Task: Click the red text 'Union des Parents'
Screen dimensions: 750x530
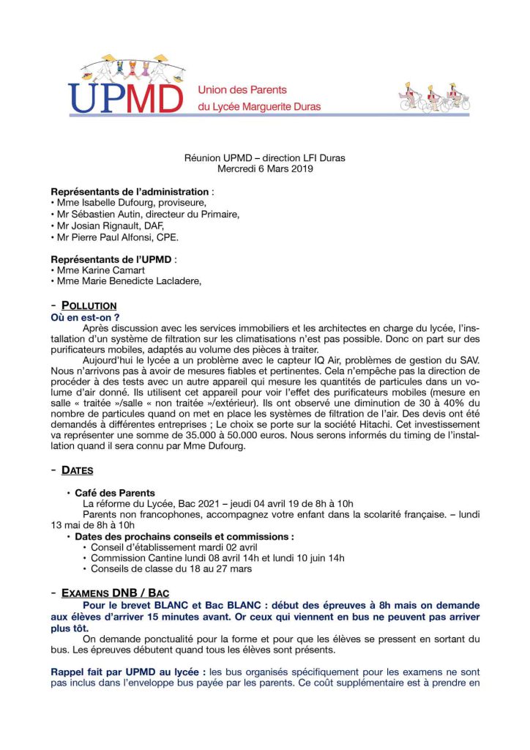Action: pyautogui.click(x=242, y=90)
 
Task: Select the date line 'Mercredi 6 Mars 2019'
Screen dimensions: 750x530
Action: pyautogui.click(x=265, y=168)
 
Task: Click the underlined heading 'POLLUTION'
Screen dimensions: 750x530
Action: pyautogui.click(x=89, y=305)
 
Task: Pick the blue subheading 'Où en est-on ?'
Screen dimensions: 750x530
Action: pyautogui.click(x=84, y=317)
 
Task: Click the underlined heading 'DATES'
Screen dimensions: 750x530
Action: pyautogui.click(x=77, y=470)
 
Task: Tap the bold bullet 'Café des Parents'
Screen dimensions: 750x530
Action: pyautogui.click(x=114, y=493)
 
